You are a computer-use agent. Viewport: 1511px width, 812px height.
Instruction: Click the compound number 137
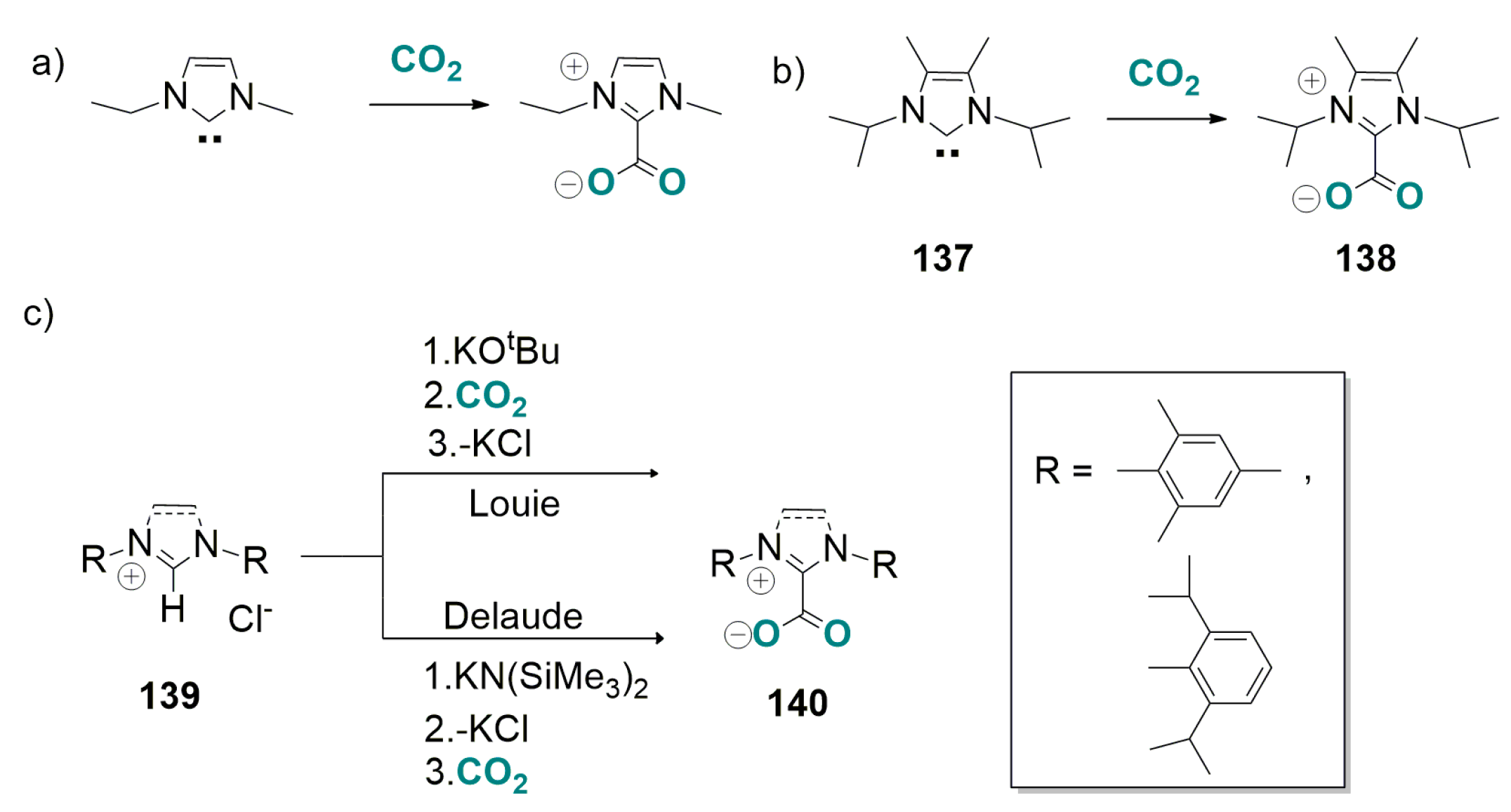pos(942,258)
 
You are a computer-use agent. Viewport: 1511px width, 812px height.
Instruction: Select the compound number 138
pos(1365,258)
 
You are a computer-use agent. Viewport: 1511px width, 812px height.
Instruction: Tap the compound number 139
pos(169,696)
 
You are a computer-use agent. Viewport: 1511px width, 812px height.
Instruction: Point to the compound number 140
pos(797,703)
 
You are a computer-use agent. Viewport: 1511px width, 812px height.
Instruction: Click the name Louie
pos(514,504)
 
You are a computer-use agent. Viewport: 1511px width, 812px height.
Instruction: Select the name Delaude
pos(513,616)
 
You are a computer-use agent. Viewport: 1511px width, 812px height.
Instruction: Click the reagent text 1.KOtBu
pos(491,350)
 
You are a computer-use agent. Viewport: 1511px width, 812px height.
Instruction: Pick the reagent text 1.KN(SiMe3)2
pos(535,679)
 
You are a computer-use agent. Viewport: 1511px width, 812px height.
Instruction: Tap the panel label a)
pos(48,63)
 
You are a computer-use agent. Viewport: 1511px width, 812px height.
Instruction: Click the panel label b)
pos(788,72)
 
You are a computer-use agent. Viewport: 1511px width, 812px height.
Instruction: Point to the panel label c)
pos(38,313)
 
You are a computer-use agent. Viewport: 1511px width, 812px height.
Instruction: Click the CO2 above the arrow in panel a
pos(426,61)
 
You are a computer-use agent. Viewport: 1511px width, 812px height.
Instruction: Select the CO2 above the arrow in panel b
pos(1163,75)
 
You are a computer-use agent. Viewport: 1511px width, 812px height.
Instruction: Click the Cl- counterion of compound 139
pos(250,619)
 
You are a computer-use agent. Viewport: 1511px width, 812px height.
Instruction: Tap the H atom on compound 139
pos(173,609)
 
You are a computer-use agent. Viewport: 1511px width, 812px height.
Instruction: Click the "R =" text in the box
pos(1063,471)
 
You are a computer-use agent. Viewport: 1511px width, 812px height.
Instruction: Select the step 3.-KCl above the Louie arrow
pos(480,443)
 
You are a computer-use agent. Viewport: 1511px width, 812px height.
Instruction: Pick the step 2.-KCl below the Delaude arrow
pos(476,728)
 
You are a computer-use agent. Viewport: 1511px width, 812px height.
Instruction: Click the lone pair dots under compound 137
pos(947,153)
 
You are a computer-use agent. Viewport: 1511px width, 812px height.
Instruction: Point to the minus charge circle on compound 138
pos(1305,199)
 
